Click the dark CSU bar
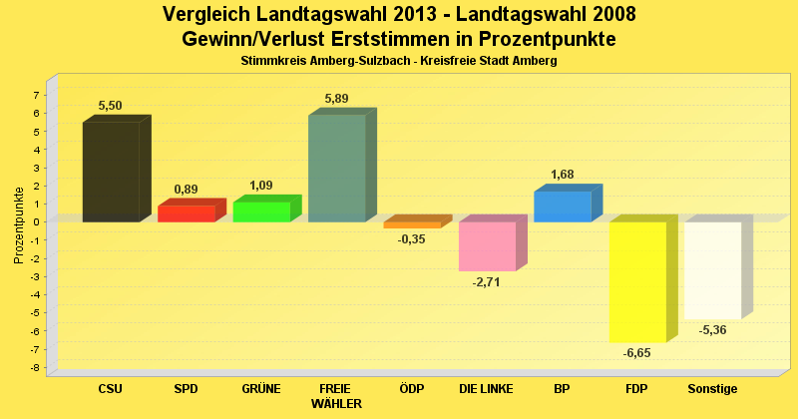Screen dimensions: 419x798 pos(111,172)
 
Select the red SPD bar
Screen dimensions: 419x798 pos(187,213)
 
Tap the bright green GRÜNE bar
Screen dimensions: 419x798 pos(261,211)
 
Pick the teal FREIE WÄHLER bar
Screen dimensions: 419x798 pos(337,169)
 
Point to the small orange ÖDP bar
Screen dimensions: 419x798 pos(412,224)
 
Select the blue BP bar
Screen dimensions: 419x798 pos(563,207)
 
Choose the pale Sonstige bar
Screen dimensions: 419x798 pos(712,270)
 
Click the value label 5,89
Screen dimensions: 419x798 pos(337,98)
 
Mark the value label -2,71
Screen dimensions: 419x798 pos(486,282)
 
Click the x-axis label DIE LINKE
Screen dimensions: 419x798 pos(487,388)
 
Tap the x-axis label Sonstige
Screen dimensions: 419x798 pos(712,388)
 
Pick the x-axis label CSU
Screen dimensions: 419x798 pos(111,388)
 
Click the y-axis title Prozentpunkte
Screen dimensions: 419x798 pos(18,224)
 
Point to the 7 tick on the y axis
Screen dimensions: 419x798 pos(37,95)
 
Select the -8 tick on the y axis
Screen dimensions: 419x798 pos(35,368)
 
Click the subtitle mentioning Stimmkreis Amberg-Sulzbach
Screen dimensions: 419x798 pos(399,61)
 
